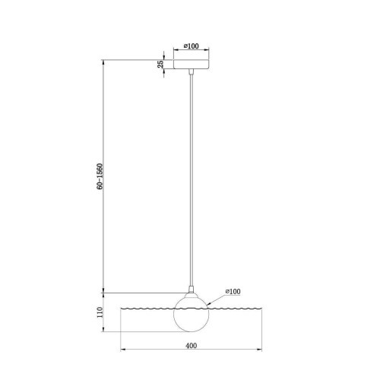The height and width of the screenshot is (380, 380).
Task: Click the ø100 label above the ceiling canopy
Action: pos(192,46)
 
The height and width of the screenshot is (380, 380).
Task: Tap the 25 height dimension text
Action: pos(160,64)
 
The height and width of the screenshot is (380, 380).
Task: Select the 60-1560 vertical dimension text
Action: pos(100,176)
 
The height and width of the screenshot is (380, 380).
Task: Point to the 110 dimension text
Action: pos(100,312)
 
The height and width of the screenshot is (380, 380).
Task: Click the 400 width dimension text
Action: pos(192,346)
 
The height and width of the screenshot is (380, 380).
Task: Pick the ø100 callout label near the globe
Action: pos(233,292)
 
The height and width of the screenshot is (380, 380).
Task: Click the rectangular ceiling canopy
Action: pos(192,64)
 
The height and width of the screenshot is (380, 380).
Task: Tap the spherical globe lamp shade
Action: pos(192,314)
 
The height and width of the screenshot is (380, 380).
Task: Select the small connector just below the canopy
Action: pos(192,71)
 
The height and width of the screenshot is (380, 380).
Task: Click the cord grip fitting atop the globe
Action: pos(192,290)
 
